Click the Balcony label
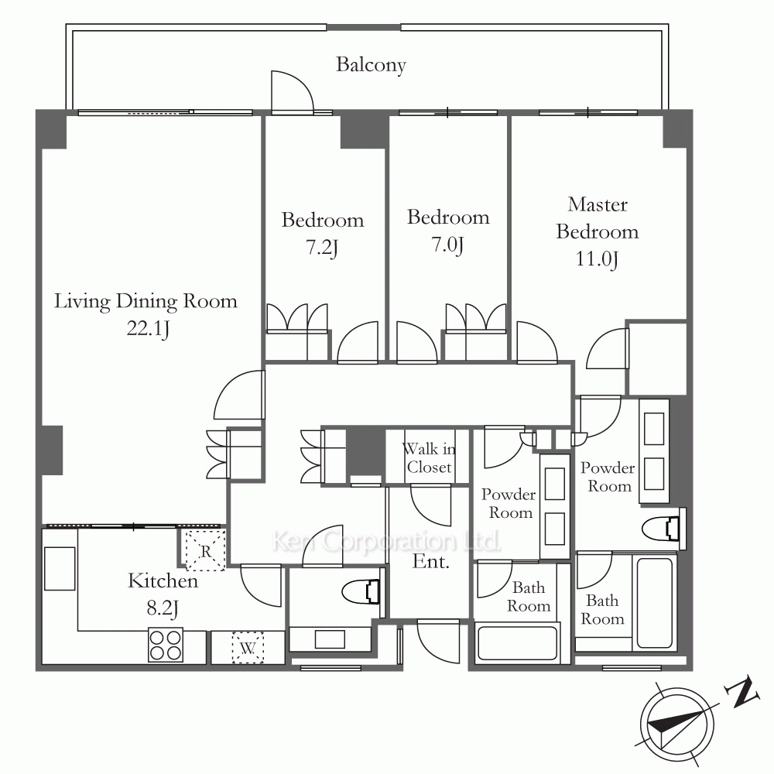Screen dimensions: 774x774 point(372,65)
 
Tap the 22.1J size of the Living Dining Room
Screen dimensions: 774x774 point(148,328)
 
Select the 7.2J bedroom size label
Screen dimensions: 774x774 point(322,247)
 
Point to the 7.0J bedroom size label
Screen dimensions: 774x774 point(447,245)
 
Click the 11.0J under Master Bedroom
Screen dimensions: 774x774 point(597,259)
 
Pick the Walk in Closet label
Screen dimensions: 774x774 point(429,458)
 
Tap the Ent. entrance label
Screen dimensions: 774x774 point(431,562)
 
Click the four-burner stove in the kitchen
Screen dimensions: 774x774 point(166,645)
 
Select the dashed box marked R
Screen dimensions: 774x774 point(205,550)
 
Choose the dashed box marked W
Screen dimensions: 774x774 point(248,648)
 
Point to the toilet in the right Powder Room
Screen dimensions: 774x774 point(663,529)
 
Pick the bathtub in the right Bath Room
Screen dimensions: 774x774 point(655,602)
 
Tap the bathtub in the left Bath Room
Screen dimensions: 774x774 point(516,643)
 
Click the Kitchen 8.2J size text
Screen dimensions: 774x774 point(162,608)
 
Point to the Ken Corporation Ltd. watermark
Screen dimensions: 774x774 point(386,542)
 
